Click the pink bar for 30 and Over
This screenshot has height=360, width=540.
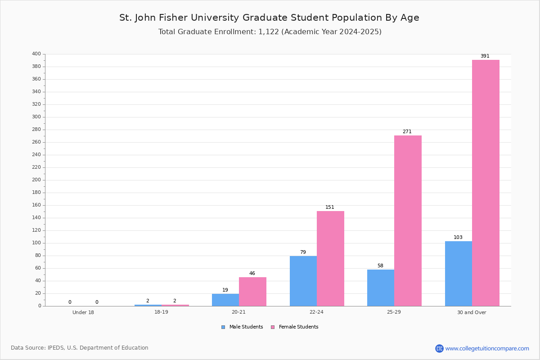pos(486,183)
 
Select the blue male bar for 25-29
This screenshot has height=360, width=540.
pos(381,288)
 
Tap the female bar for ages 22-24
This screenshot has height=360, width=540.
pos(330,259)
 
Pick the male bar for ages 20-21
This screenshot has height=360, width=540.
pos(225,300)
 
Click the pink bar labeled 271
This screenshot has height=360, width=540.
pos(408,221)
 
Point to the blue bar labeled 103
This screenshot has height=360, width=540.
pos(459,274)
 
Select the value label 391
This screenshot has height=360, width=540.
pos(485,56)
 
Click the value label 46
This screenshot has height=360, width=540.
pos(252,273)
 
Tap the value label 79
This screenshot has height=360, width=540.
pos(303,252)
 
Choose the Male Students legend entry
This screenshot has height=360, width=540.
pos(242,327)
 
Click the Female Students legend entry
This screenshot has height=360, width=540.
pos(295,327)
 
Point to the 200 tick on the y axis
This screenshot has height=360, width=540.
pos(36,180)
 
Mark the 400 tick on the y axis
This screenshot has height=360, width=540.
pos(36,54)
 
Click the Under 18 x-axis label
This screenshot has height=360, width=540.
pos(83,312)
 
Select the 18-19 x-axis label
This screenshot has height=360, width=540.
pos(161,312)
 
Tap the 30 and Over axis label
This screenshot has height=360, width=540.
pos(472,312)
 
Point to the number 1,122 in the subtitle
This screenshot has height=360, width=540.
pos(269,32)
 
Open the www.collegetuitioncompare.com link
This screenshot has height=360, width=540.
pos(487,348)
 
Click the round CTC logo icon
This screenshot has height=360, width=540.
pos(439,348)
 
